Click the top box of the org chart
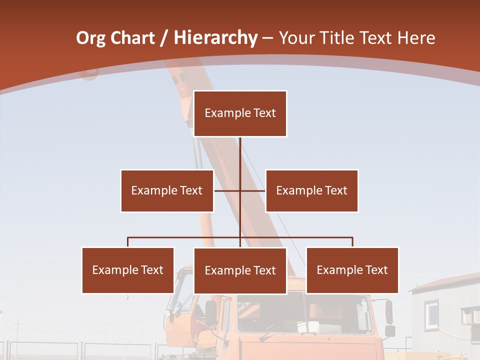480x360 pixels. (x=240, y=113)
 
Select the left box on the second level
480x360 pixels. (x=167, y=190)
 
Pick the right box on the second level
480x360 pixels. (x=311, y=190)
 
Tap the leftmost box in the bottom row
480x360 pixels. (x=128, y=270)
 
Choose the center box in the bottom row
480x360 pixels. (x=240, y=270)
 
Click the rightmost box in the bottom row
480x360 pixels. (x=352, y=270)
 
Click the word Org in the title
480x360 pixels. (x=90, y=38)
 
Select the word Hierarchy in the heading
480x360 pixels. (x=215, y=38)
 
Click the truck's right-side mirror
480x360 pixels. (x=389, y=312)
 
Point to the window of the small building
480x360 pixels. (x=432, y=313)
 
